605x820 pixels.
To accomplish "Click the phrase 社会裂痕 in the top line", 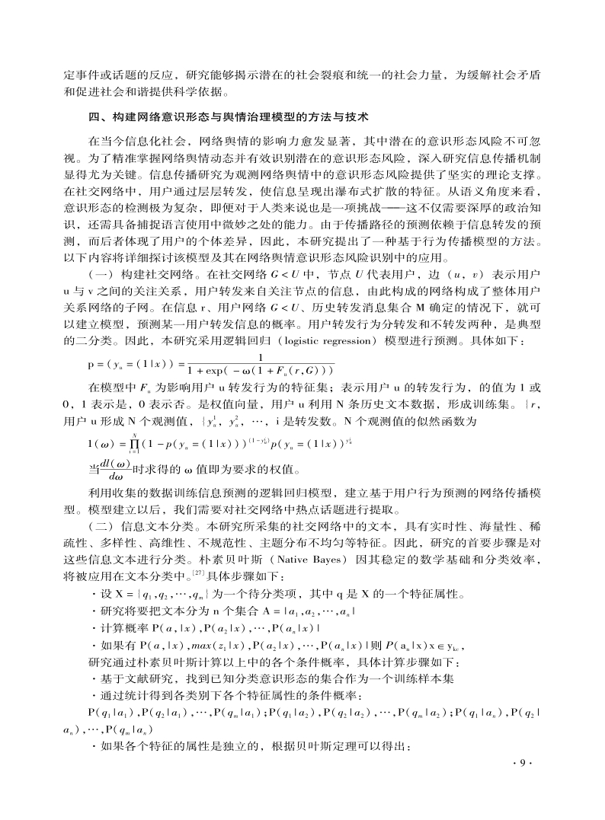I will pos(323,75).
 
